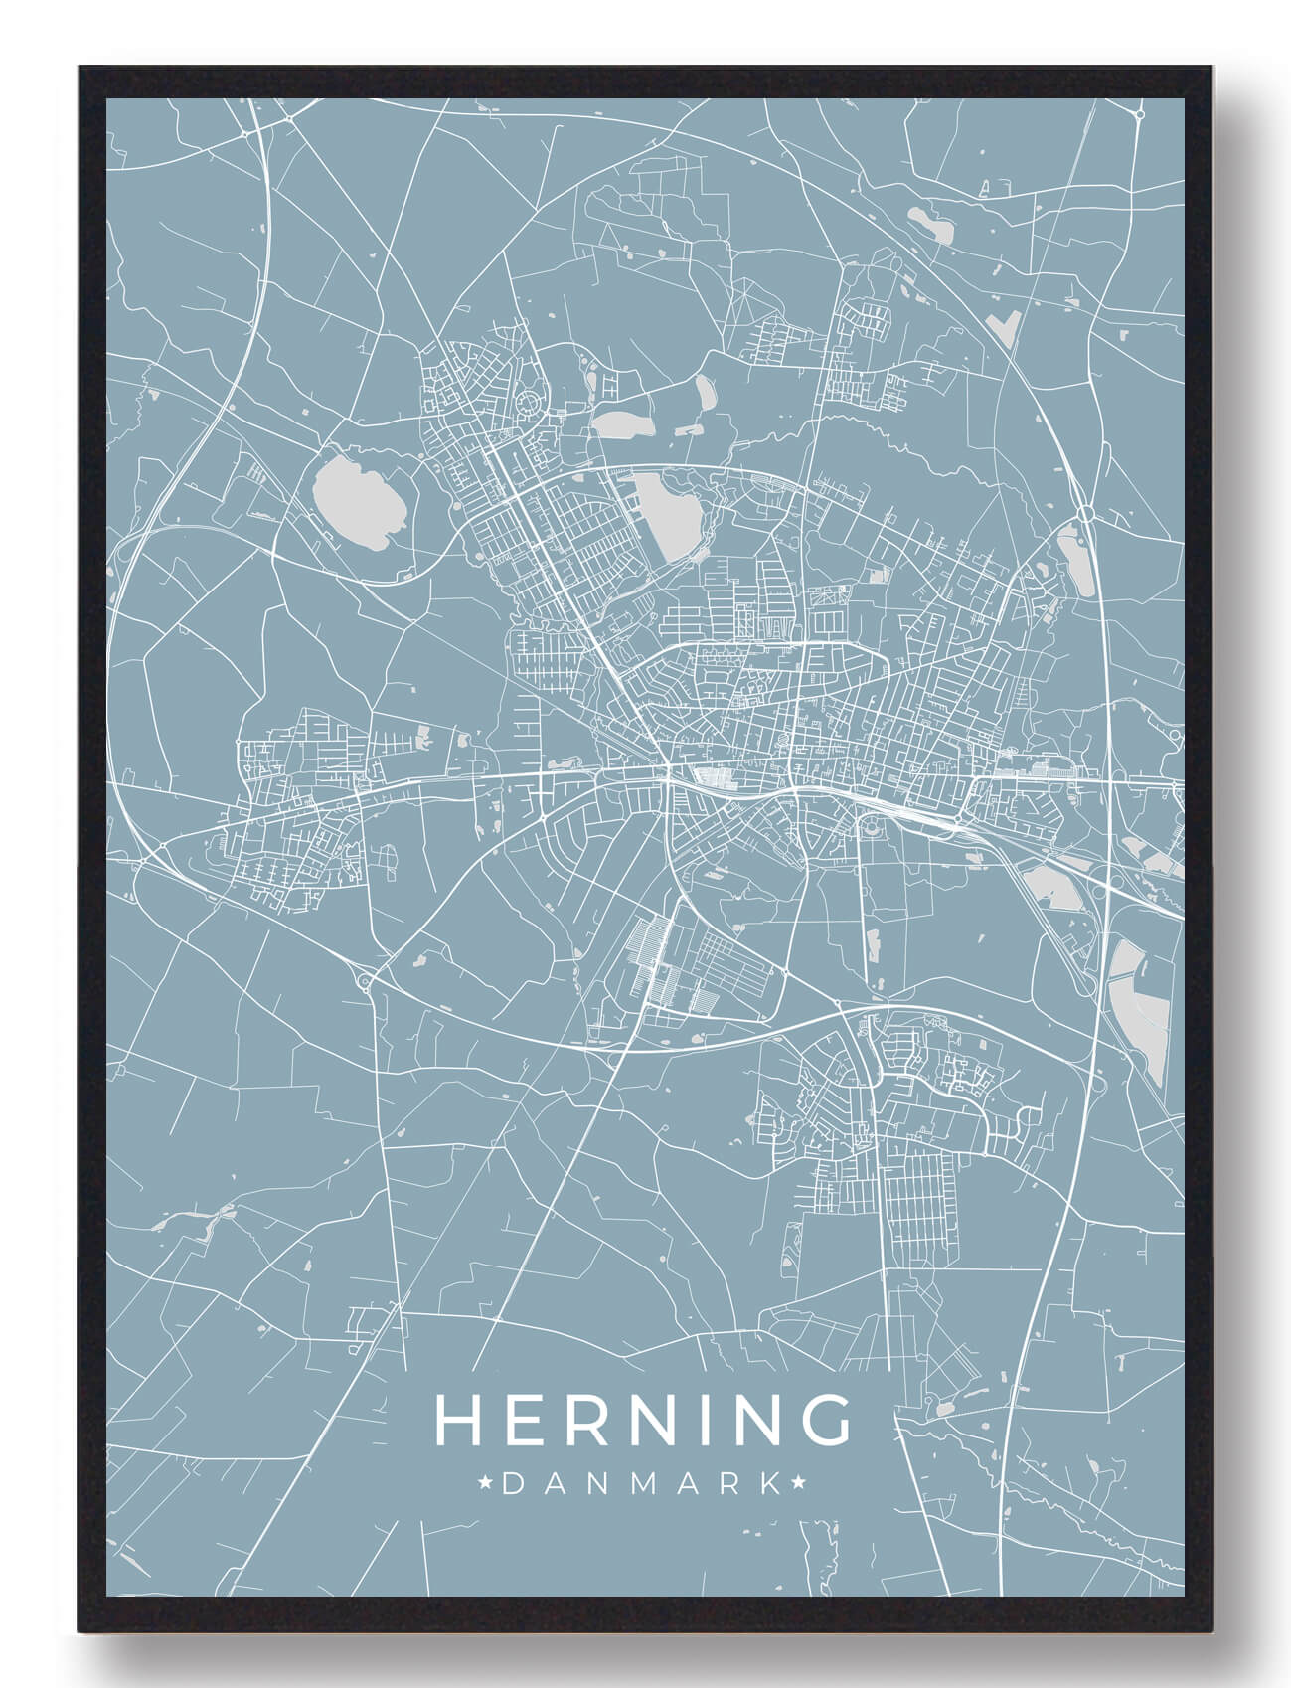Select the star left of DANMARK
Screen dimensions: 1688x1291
(487, 1484)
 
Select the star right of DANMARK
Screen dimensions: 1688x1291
(799, 1484)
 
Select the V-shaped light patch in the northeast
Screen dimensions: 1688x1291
(1010, 324)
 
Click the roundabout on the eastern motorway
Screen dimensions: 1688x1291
(1086, 513)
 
